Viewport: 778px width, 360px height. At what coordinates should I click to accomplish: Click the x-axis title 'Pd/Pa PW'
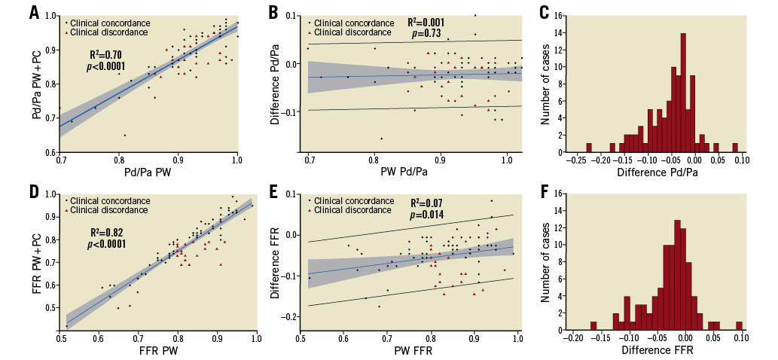tap(148, 173)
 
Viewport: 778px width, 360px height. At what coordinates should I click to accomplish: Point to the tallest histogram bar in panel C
tap(683, 92)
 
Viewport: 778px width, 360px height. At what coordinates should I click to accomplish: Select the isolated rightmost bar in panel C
tap(735, 148)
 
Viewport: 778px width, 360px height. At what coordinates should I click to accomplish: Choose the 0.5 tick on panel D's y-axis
tap(51, 308)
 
